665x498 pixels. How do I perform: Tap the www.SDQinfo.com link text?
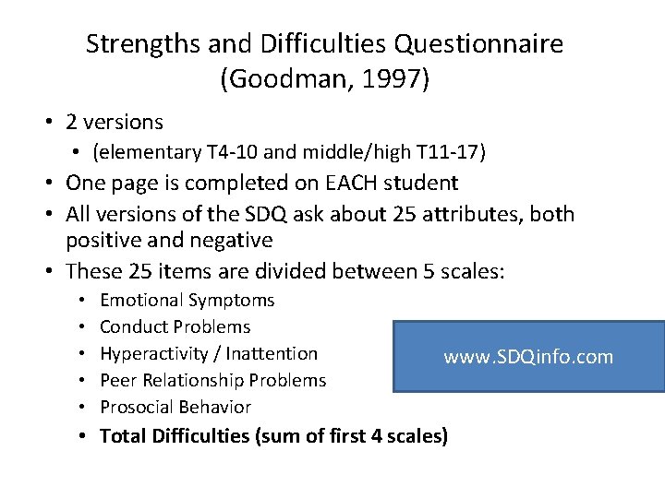pos(528,357)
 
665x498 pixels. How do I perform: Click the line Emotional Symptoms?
pos(187,300)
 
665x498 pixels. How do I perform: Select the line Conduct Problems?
pos(175,326)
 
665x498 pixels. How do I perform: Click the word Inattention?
pos(271,353)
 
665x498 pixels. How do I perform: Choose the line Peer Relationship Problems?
pos(212,380)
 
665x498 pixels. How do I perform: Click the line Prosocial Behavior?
pos(175,407)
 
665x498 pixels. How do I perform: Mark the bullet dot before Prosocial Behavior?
pos(82,407)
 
